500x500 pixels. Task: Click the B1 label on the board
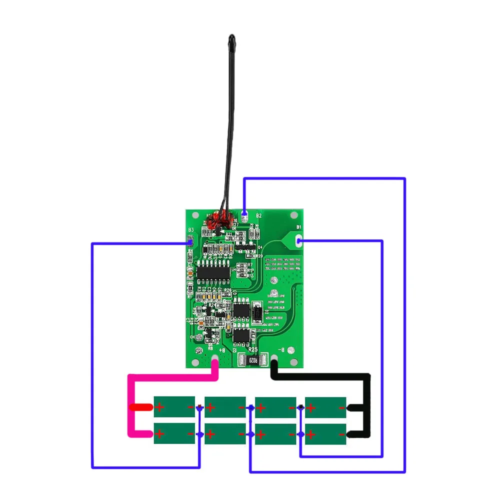click(x=299, y=227)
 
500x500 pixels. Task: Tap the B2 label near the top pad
click(x=258, y=215)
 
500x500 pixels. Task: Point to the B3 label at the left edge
click(x=190, y=230)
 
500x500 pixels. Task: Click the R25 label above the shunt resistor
click(x=253, y=350)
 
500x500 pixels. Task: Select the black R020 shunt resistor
click(x=253, y=359)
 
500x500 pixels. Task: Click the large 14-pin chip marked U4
click(x=212, y=271)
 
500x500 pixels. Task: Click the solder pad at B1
click(x=299, y=241)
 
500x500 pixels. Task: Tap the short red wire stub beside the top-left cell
click(x=141, y=407)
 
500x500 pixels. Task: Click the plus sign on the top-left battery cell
click(x=159, y=407)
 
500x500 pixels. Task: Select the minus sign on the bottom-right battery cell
click(x=341, y=433)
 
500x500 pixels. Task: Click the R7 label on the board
click(x=250, y=264)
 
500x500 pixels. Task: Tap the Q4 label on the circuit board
click(x=260, y=247)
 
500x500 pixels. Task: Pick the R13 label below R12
click(x=250, y=276)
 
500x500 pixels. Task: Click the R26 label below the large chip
click(x=228, y=290)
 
